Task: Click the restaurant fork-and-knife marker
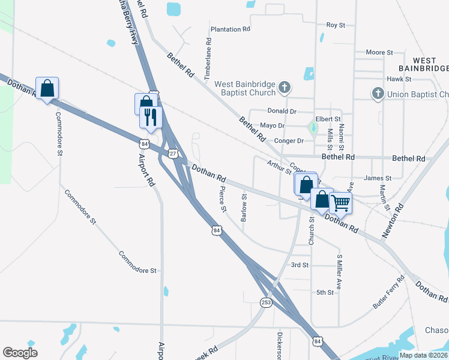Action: click(x=151, y=116)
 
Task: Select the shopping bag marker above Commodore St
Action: click(x=47, y=89)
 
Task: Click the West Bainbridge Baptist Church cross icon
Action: click(x=285, y=89)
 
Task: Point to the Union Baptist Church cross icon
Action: click(x=378, y=94)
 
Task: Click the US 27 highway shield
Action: click(x=172, y=154)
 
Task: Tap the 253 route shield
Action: click(x=266, y=302)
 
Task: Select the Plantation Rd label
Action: click(x=230, y=29)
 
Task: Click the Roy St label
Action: click(x=336, y=25)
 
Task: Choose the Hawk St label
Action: click(x=399, y=79)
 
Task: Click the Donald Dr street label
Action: click(x=282, y=111)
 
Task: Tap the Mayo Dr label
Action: click(x=272, y=125)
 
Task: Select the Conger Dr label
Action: click(x=289, y=141)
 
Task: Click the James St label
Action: click(x=378, y=178)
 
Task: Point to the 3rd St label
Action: click(x=299, y=265)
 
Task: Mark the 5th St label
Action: click(x=325, y=292)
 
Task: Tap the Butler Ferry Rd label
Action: click(x=389, y=292)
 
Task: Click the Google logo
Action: click(x=20, y=353)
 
